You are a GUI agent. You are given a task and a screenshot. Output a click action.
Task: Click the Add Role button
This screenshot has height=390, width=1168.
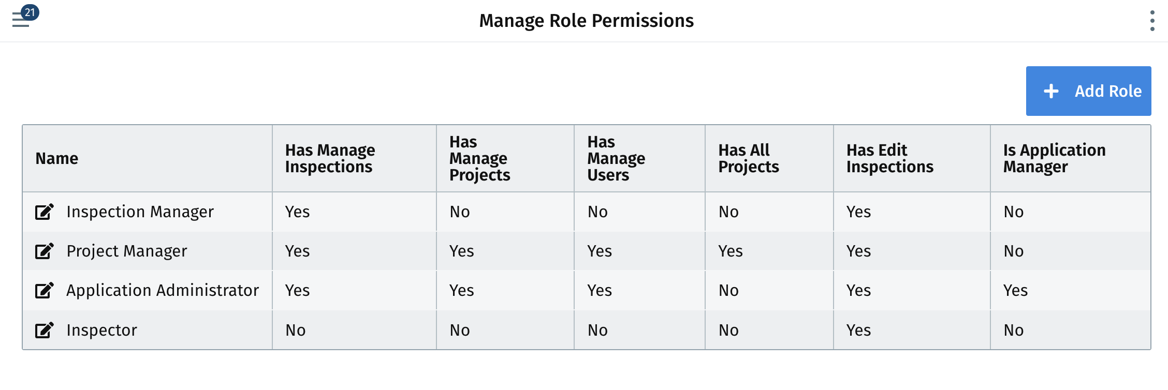coord(1088,91)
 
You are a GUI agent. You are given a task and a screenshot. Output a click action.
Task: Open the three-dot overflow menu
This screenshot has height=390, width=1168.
coord(1152,21)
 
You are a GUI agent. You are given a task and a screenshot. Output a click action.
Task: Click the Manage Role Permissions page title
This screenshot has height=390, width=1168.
coord(586,21)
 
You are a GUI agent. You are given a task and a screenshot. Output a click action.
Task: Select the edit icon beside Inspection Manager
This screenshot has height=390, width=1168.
coord(45,212)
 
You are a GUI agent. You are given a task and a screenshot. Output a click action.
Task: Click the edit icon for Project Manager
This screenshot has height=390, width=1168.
coord(45,251)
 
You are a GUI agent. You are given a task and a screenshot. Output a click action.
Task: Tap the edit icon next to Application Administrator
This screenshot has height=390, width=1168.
coord(45,290)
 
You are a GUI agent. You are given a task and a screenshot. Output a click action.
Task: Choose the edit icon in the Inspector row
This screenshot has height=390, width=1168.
coord(45,330)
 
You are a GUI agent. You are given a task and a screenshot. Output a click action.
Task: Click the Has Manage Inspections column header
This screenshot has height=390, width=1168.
coord(330,158)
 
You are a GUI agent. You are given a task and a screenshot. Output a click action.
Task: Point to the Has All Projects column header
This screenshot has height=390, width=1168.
coord(749,158)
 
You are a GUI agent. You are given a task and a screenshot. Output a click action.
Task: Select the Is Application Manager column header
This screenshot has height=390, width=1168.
coord(1054,158)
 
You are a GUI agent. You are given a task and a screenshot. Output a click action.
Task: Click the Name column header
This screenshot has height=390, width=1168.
coord(57,158)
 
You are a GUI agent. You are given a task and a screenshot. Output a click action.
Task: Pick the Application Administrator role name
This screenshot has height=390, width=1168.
coord(163,290)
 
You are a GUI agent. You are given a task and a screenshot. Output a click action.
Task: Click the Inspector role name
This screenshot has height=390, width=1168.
coord(102,330)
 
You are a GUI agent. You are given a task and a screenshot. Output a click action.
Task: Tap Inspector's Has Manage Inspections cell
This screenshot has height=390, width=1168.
coord(296,330)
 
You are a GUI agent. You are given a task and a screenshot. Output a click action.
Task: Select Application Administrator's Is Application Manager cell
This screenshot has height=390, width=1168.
coord(1016,290)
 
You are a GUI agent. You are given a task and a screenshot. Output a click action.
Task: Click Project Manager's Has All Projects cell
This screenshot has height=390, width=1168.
coord(731,251)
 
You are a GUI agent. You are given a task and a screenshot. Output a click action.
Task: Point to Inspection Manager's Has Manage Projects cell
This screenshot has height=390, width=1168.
coord(460,212)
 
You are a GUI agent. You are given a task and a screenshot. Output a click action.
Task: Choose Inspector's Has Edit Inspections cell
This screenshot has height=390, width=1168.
coord(859,330)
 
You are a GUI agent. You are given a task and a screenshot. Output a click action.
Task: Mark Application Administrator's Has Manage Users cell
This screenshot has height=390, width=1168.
coord(600,290)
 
